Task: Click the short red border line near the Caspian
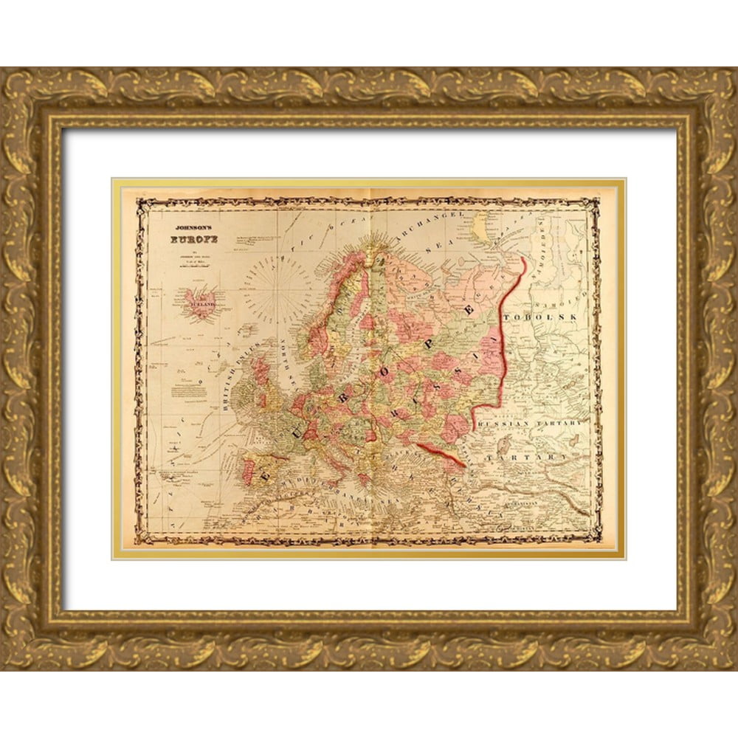tap(441, 455)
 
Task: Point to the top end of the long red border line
tap(523, 258)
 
